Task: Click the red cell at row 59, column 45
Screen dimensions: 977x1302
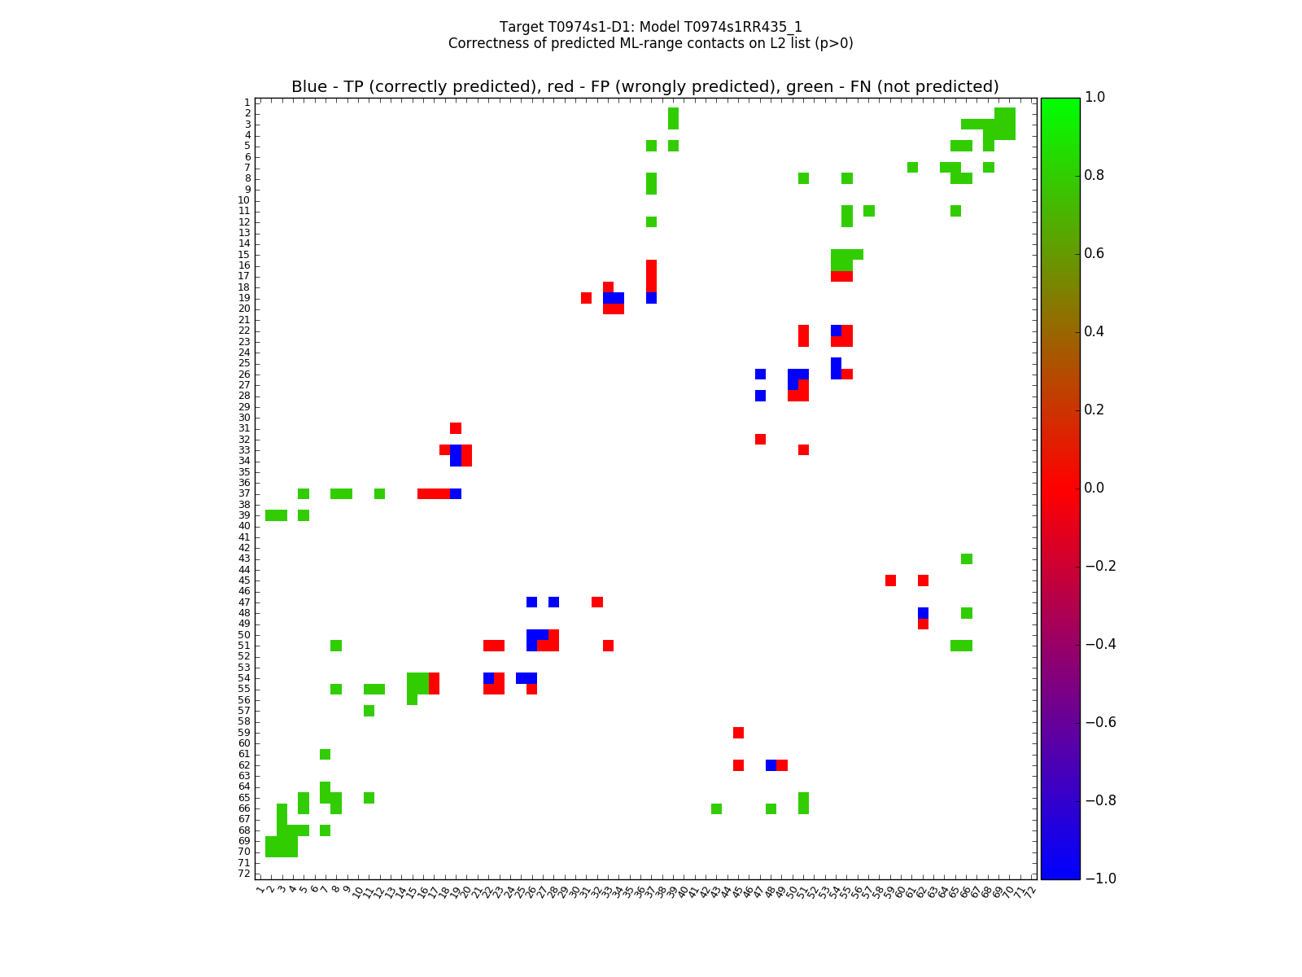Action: tap(738, 733)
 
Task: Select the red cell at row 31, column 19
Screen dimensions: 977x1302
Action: tap(456, 428)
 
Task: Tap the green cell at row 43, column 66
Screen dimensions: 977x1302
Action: tap(967, 559)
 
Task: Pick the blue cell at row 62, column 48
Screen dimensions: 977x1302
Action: tap(771, 765)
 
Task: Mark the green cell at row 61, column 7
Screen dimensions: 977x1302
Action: tap(325, 754)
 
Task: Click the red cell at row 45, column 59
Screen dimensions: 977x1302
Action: tap(890, 581)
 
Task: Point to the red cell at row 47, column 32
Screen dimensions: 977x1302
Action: tap(597, 602)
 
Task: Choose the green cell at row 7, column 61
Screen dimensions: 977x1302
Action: tap(912, 168)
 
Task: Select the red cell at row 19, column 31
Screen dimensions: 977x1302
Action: tap(586, 298)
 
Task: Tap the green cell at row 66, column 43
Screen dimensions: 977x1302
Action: tap(716, 808)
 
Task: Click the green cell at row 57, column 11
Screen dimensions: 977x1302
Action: tap(369, 711)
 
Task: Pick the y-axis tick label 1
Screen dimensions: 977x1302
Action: tap(247, 103)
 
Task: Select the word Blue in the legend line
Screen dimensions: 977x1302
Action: tap(309, 87)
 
